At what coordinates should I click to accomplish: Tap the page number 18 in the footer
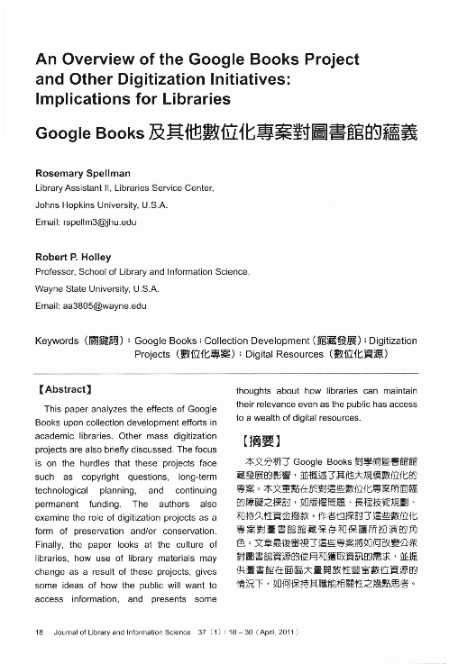pyautogui.click(x=38, y=631)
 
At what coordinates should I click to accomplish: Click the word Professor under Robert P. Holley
pyautogui.click(x=58, y=271)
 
